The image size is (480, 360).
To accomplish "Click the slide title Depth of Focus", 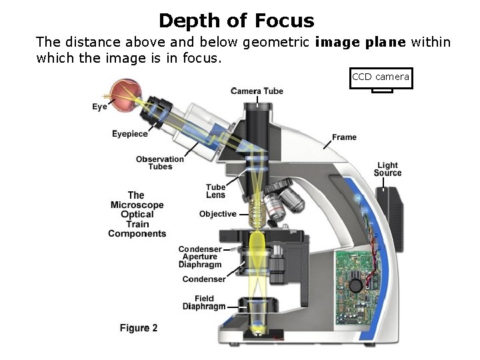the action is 236,20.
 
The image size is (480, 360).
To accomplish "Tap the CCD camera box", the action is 381,78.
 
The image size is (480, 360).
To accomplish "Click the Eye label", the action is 99,107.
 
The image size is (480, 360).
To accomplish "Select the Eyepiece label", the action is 130,134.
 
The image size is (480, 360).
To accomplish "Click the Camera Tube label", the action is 257,91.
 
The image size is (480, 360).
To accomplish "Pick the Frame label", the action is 344,137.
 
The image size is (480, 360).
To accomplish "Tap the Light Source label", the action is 387,169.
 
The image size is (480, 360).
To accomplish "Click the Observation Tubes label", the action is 159,163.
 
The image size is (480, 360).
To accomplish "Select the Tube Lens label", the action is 215,191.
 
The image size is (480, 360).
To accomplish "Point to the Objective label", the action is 217,214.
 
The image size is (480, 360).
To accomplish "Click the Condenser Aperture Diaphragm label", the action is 200,257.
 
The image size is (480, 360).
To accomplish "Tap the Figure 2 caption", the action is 139,328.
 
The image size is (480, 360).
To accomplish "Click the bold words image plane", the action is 360,43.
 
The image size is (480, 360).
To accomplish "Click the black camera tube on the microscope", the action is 259,130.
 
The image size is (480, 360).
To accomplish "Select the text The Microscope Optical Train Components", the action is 137,215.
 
